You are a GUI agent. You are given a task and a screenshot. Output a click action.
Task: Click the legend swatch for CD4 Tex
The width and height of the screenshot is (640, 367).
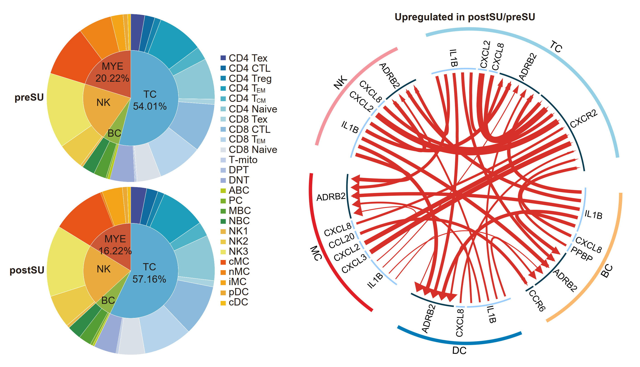pos(223,58)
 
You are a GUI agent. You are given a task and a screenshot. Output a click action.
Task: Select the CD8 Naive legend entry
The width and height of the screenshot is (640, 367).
pos(253,150)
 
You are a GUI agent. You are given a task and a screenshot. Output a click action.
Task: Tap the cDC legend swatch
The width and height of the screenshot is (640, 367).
pos(223,302)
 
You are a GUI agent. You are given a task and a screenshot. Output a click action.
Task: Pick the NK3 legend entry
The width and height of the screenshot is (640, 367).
pos(238,251)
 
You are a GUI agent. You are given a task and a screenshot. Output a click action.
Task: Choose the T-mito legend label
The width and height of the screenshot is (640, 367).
pos(243,160)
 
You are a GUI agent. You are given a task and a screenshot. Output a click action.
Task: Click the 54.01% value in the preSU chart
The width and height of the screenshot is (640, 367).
pos(150,106)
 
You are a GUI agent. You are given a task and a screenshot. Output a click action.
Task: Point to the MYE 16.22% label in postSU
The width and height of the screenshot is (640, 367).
pos(115,245)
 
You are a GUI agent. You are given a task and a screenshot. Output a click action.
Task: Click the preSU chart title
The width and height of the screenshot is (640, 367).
pos(29,97)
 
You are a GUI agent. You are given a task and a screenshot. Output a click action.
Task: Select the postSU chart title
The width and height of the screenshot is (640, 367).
pos(27,270)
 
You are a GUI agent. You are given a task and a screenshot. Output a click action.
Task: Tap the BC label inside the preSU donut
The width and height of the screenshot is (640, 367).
pos(114,133)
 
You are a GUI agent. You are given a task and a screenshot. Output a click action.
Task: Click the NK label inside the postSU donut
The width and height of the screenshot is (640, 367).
pos(103,269)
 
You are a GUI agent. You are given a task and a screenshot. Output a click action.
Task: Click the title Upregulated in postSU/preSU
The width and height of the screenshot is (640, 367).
pos(465,17)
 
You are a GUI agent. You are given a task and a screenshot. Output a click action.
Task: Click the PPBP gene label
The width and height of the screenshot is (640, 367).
pos(582,254)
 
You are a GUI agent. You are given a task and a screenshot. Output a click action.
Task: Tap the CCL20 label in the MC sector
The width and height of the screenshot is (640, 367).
pos(342,241)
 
